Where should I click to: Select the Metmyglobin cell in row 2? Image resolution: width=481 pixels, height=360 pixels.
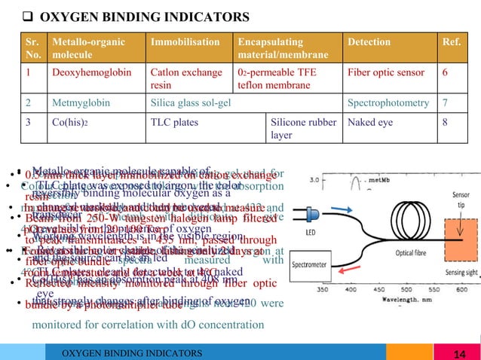(78, 99)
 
